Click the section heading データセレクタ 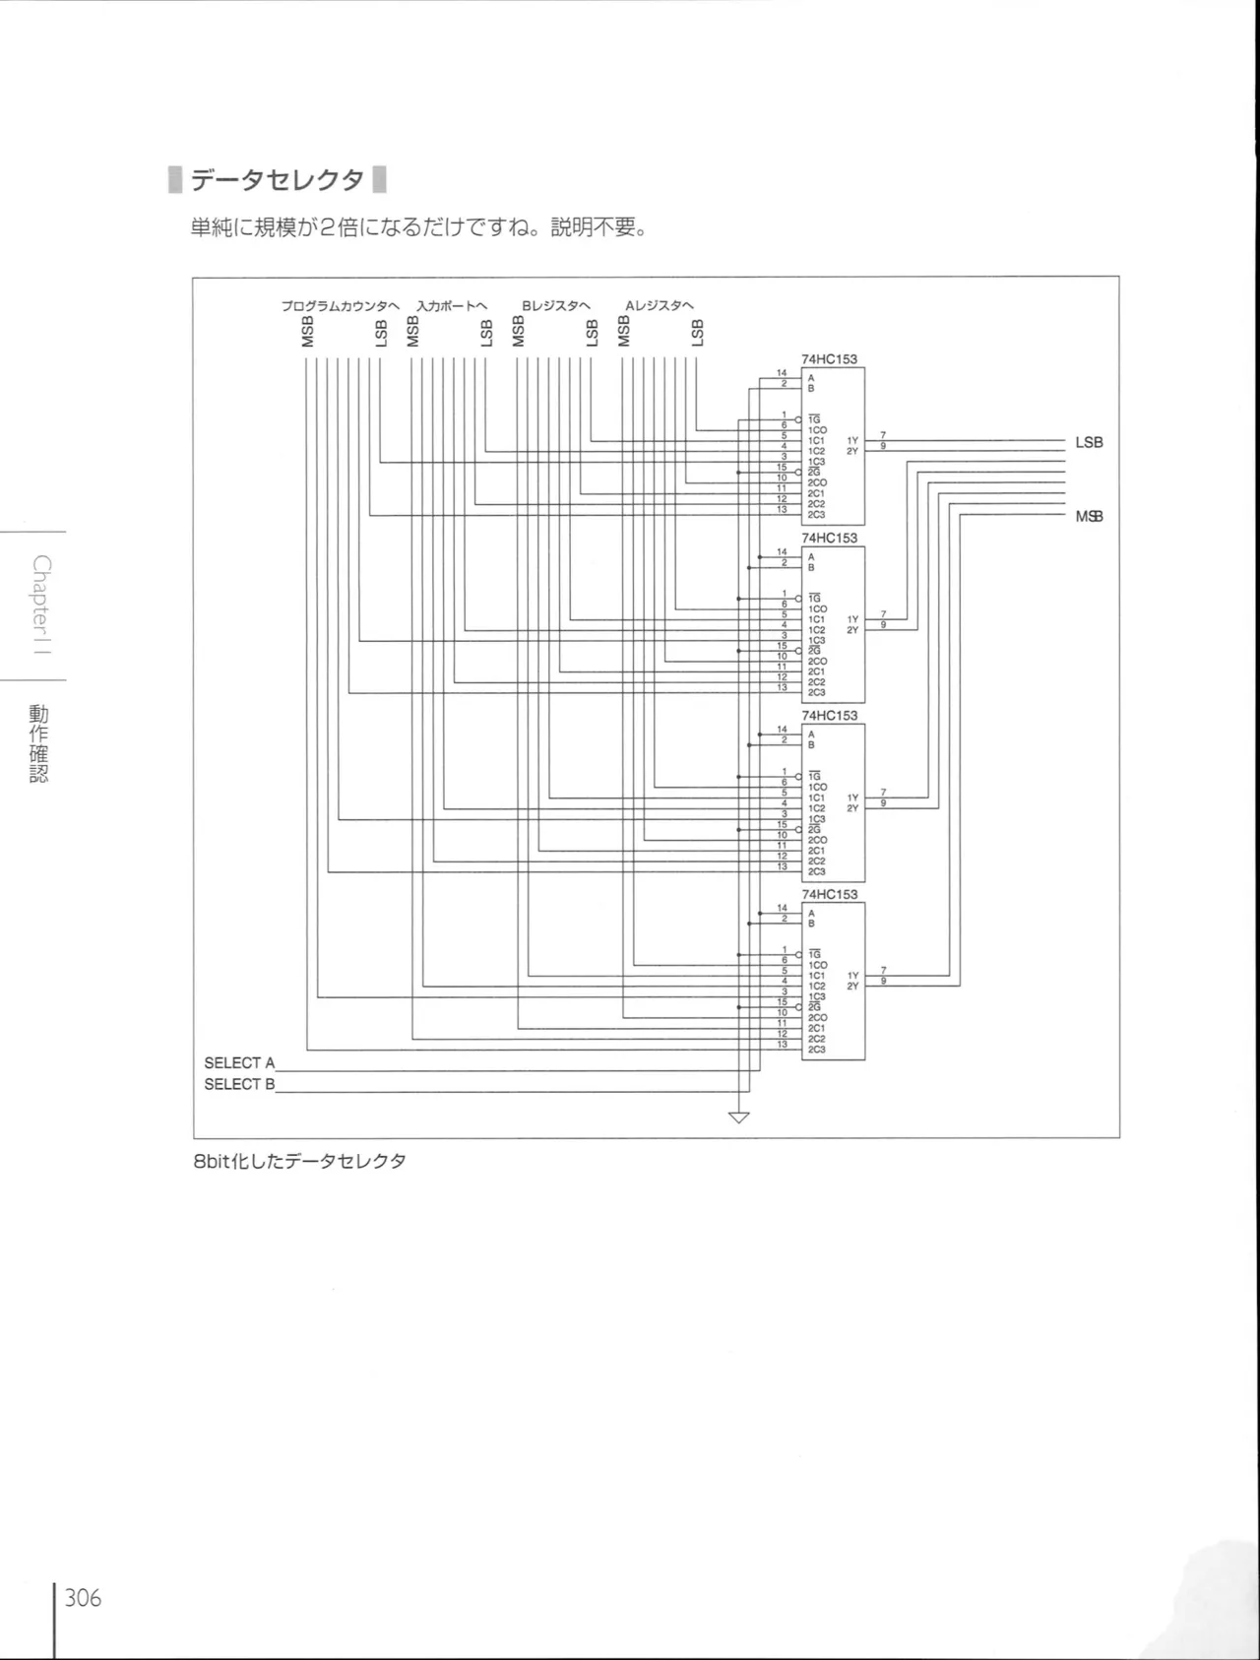click(x=277, y=180)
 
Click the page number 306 click(x=84, y=1597)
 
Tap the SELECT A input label click(x=239, y=1063)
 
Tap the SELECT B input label click(x=239, y=1084)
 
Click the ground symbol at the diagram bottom click(x=738, y=1117)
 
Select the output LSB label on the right click(x=1089, y=443)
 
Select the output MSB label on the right click(x=1089, y=517)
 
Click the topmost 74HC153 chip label click(x=829, y=359)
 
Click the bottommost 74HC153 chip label click(x=829, y=894)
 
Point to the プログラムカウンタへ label click(x=340, y=306)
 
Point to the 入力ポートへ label click(x=451, y=306)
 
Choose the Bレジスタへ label click(x=555, y=306)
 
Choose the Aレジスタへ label click(x=660, y=306)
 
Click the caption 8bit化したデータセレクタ click(x=299, y=1161)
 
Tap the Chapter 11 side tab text click(x=40, y=606)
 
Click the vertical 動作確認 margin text click(x=38, y=743)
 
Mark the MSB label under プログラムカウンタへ click(x=308, y=333)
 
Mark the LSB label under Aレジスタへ click(x=698, y=333)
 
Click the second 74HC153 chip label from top click(x=829, y=538)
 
